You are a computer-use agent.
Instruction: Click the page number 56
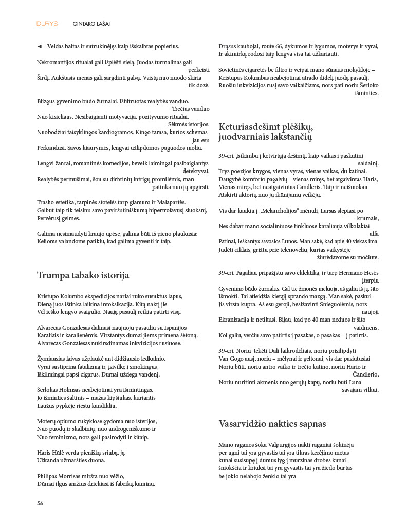(40, 503)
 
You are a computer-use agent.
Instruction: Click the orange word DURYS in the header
(47, 24)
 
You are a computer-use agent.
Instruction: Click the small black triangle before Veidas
(40, 46)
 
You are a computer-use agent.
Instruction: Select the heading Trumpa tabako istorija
(83, 275)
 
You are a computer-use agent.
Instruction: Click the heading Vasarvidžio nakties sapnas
(272, 424)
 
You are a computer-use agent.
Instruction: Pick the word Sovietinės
(234, 70)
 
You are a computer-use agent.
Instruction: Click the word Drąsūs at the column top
(229, 46)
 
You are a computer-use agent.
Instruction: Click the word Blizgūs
(48, 101)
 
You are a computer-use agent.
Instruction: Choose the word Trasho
(46, 202)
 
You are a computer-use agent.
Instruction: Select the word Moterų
(47, 421)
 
